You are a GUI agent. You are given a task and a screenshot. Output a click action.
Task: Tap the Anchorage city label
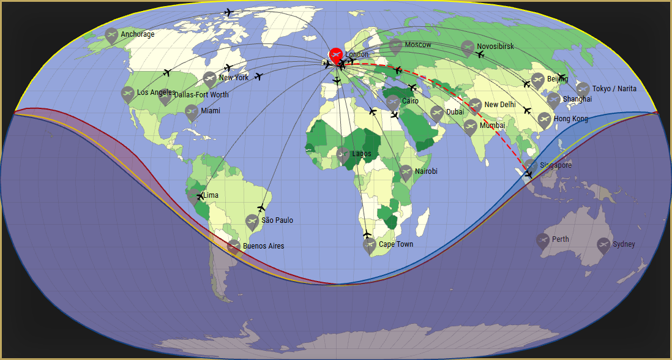(x=137, y=34)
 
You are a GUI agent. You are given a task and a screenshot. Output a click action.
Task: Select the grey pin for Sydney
(x=603, y=245)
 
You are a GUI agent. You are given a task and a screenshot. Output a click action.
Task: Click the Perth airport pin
(x=543, y=240)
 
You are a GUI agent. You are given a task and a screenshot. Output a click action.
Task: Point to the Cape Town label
(x=395, y=244)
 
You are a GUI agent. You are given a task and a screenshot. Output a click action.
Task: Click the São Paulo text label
(x=277, y=220)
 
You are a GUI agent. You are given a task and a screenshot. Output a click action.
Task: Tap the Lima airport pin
(x=194, y=196)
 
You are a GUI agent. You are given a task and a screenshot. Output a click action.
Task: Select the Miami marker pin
(x=192, y=111)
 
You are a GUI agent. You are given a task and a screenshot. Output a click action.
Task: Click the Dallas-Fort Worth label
(x=201, y=95)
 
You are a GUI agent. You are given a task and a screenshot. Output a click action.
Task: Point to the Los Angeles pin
(x=127, y=94)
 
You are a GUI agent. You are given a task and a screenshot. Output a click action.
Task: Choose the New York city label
(x=233, y=78)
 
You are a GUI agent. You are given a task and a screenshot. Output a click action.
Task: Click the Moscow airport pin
(x=395, y=45)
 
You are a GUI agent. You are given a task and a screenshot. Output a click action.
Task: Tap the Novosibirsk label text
(x=495, y=47)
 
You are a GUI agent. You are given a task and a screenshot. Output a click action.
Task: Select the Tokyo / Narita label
(x=614, y=89)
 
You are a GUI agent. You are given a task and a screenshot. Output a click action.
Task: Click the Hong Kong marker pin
(x=544, y=119)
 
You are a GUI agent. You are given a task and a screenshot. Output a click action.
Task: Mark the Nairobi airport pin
(x=405, y=172)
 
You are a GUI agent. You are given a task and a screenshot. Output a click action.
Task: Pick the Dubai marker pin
(x=436, y=113)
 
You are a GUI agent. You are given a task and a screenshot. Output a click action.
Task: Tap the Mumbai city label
(x=492, y=126)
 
